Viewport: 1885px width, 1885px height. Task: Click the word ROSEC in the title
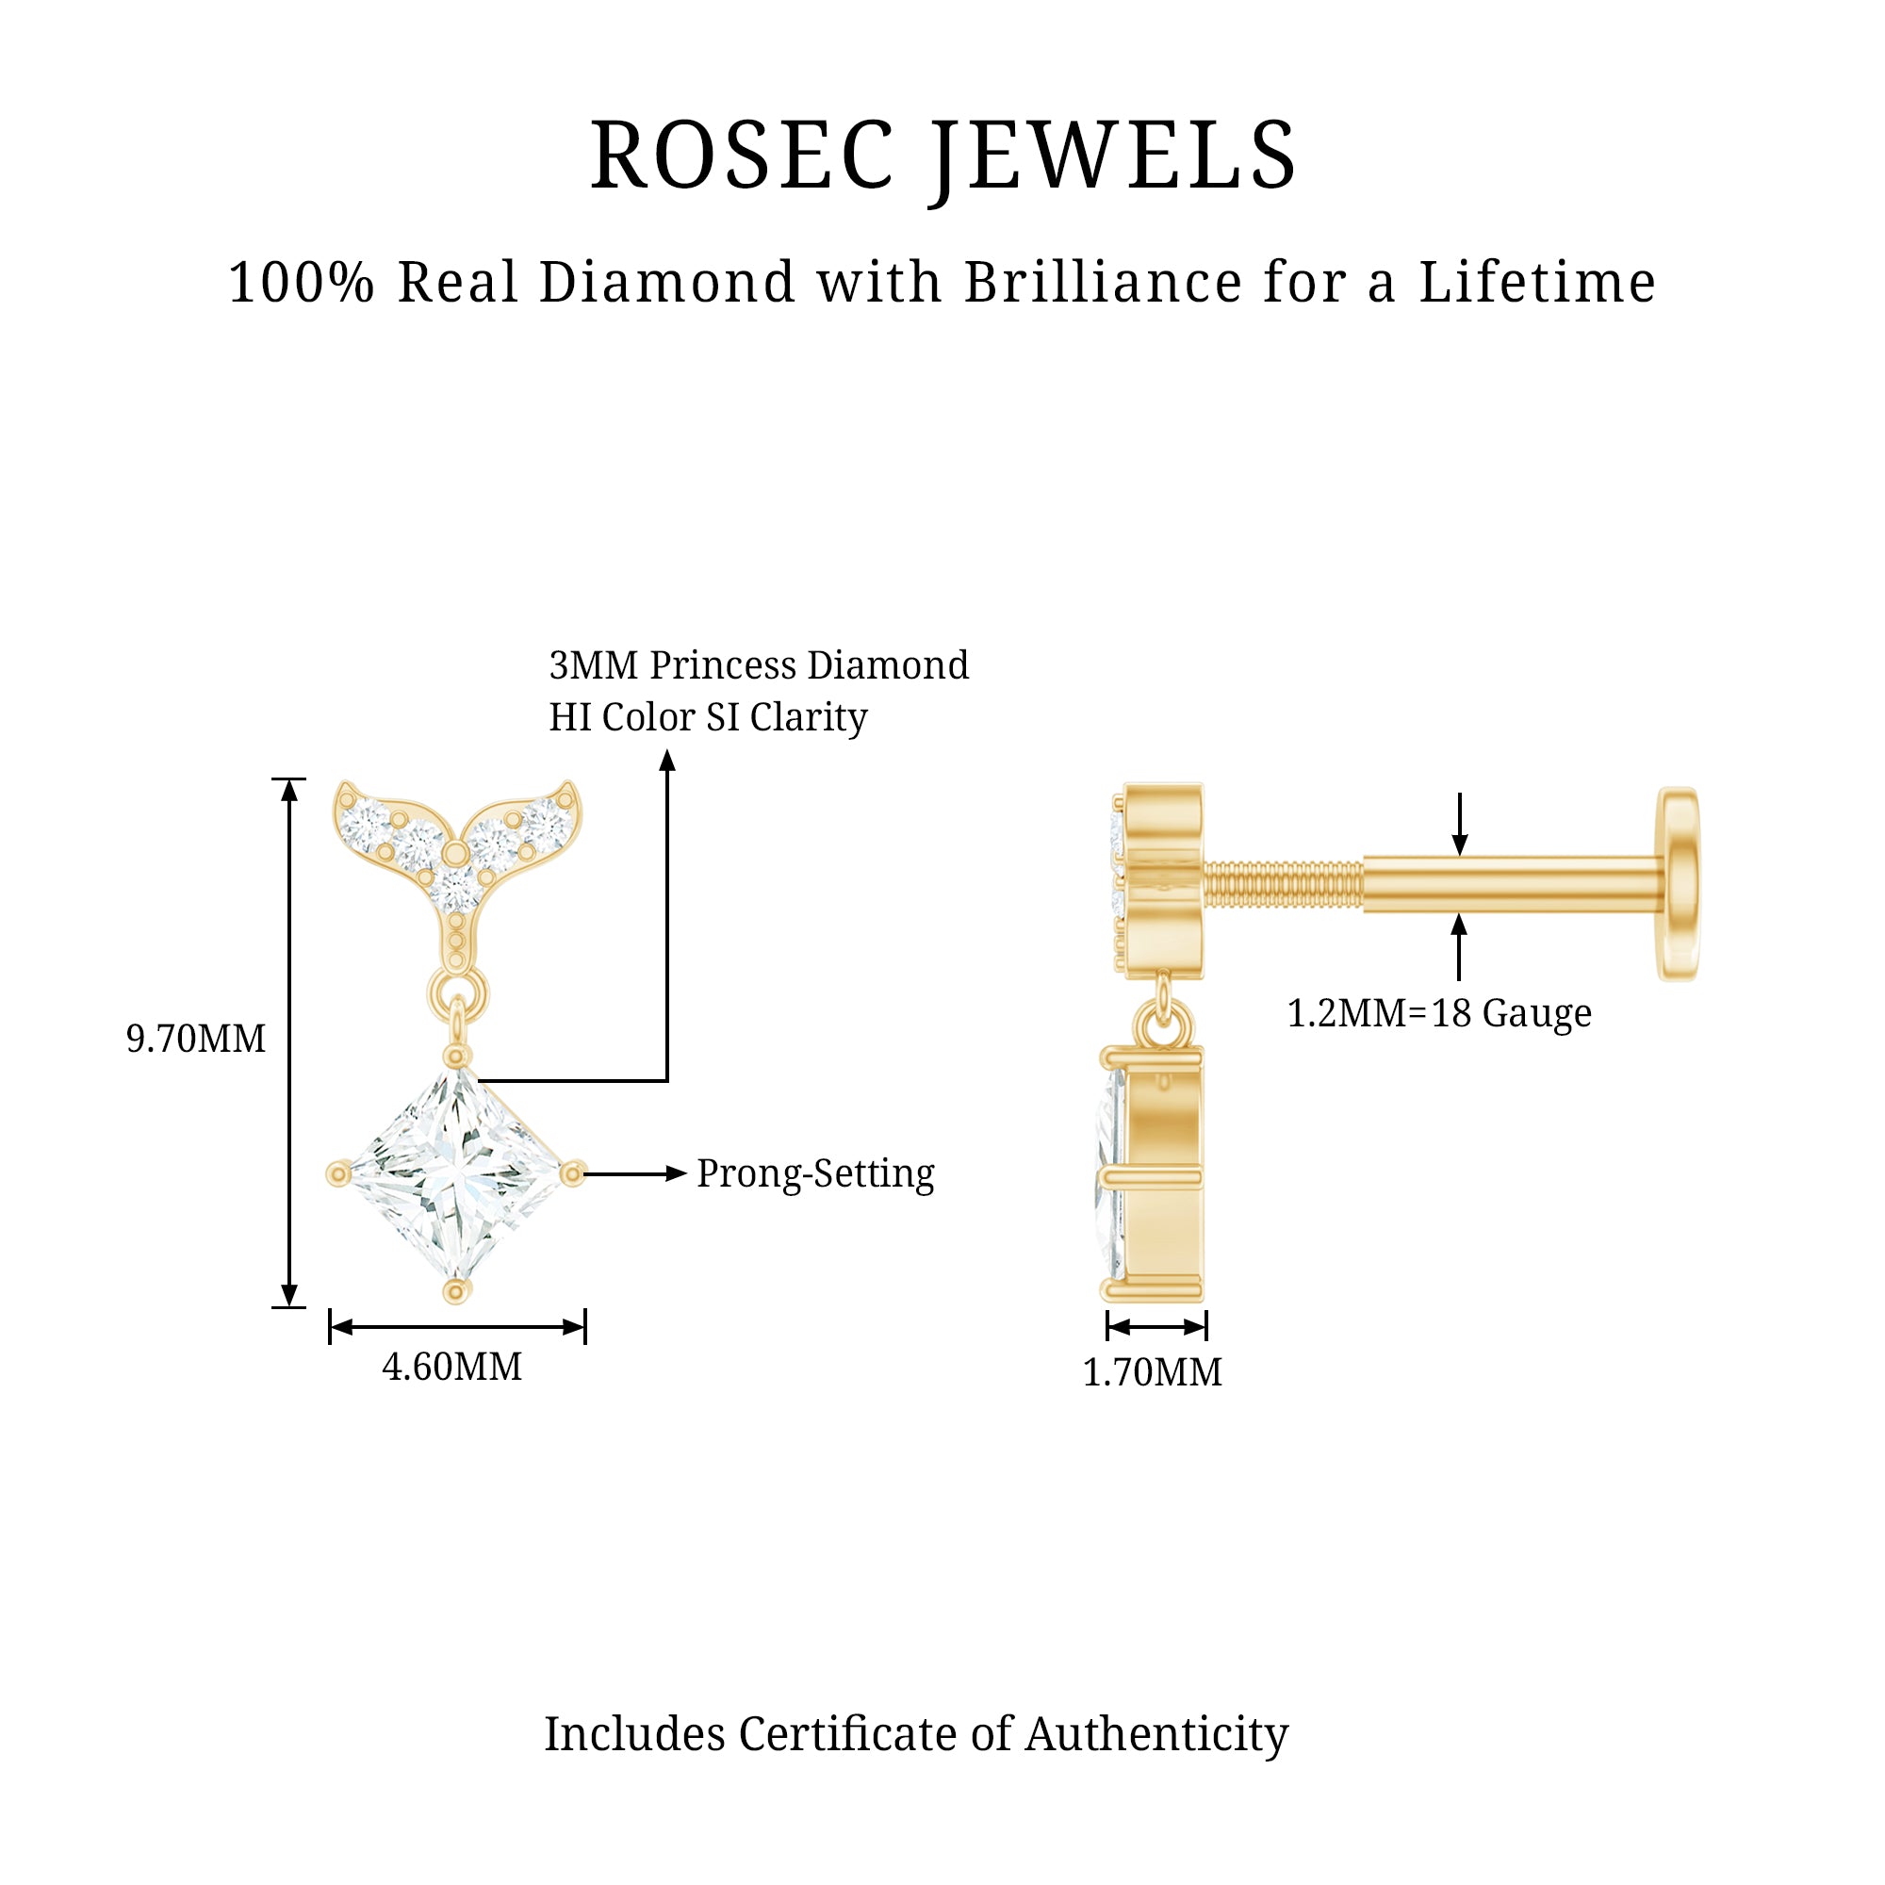click(x=742, y=156)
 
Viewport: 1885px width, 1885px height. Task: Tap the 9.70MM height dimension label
click(x=196, y=1039)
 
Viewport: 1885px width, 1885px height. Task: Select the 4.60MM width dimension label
click(x=451, y=1367)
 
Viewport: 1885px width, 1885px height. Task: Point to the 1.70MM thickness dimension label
click(x=1153, y=1373)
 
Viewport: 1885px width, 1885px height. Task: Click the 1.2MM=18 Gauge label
click(x=1439, y=1014)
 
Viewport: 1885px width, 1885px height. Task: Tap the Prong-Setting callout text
click(x=815, y=1173)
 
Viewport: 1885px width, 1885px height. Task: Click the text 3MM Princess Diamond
click(x=759, y=665)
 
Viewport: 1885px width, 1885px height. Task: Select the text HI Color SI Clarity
click(x=709, y=717)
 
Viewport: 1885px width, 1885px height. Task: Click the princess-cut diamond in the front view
click(x=455, y=1172)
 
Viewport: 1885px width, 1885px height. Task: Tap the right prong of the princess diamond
click(x=574, y=1172)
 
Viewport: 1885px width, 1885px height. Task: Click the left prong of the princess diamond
click(x=338, y=1172)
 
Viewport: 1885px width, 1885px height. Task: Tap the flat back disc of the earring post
click(x=1679, y=884)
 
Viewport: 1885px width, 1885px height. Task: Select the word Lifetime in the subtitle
click(x=1537, y=283)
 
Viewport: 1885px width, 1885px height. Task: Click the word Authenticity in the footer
click(x=1157, y=1735)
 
